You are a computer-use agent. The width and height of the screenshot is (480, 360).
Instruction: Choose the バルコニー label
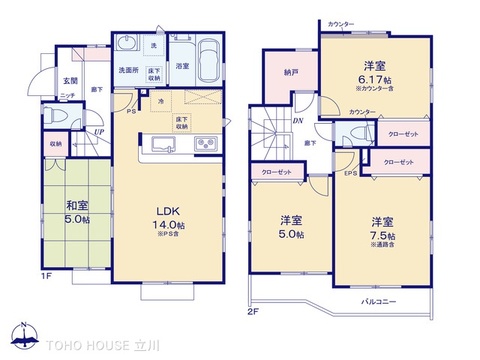click(377, 300)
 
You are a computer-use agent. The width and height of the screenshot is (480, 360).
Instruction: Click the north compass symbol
click(23, 338)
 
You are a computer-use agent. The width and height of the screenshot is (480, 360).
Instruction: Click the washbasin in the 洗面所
click(128, 46)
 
